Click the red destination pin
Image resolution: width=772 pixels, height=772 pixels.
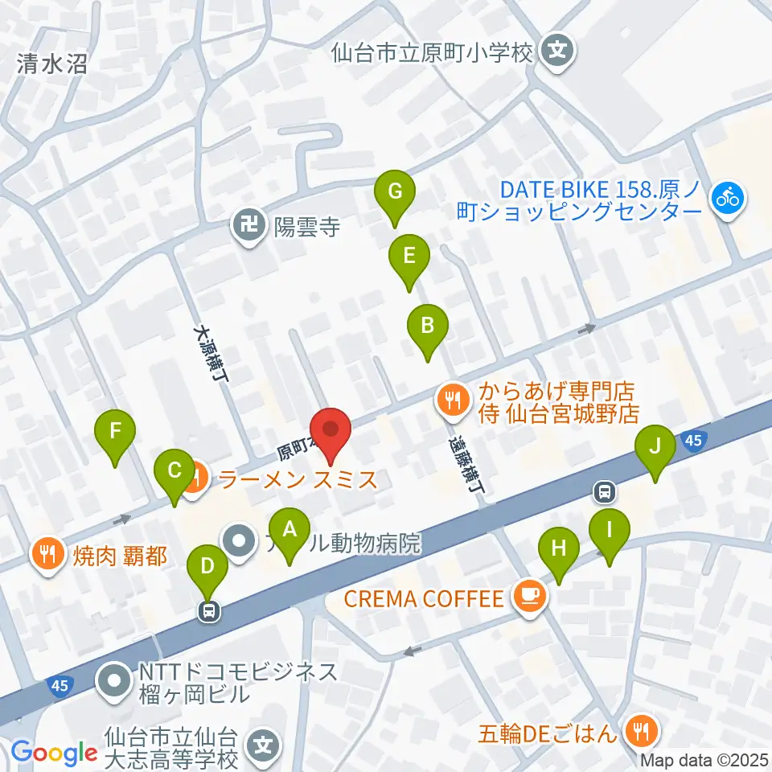point(331,436)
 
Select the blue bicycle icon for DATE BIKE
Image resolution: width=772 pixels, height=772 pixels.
point(729,197)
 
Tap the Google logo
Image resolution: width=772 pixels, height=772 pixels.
point(54,752)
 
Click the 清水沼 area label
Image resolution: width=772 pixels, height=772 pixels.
point(51,64)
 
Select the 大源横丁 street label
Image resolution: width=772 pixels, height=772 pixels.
point(210,357)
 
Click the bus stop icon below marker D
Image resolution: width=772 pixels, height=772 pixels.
point(209,611)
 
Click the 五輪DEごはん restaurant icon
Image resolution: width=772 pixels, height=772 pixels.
point(642,732)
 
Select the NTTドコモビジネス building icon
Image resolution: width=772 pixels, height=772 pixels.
point(113,682)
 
